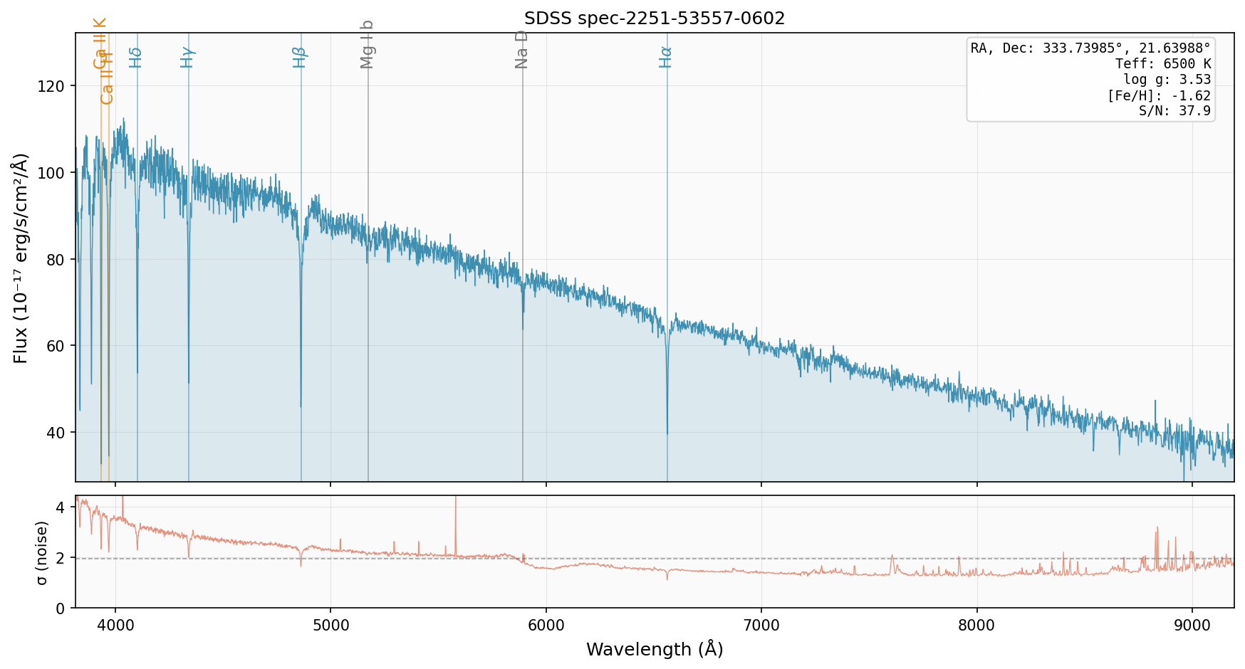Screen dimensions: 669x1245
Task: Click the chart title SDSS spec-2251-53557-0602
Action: coord(654,19)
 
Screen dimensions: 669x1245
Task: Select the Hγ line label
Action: coord(187,57)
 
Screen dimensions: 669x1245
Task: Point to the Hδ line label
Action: coord(136,57)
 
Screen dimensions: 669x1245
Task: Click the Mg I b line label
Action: coord(367,44)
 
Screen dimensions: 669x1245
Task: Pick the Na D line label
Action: coord(521,49)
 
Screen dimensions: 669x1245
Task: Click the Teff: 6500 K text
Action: coord(1162,64)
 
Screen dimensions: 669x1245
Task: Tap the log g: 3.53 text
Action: coord(1167,80)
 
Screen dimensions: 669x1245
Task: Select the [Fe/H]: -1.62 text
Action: coord(1158,95)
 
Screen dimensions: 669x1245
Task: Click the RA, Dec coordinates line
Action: coord(1090,48)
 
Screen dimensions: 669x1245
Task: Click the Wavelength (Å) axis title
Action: coord(654,649)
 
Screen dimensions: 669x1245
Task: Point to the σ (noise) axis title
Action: coord(42,552)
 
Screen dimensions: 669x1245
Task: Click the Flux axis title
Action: coord(21,258)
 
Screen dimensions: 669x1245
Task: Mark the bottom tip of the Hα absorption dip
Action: coord(667,433)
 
